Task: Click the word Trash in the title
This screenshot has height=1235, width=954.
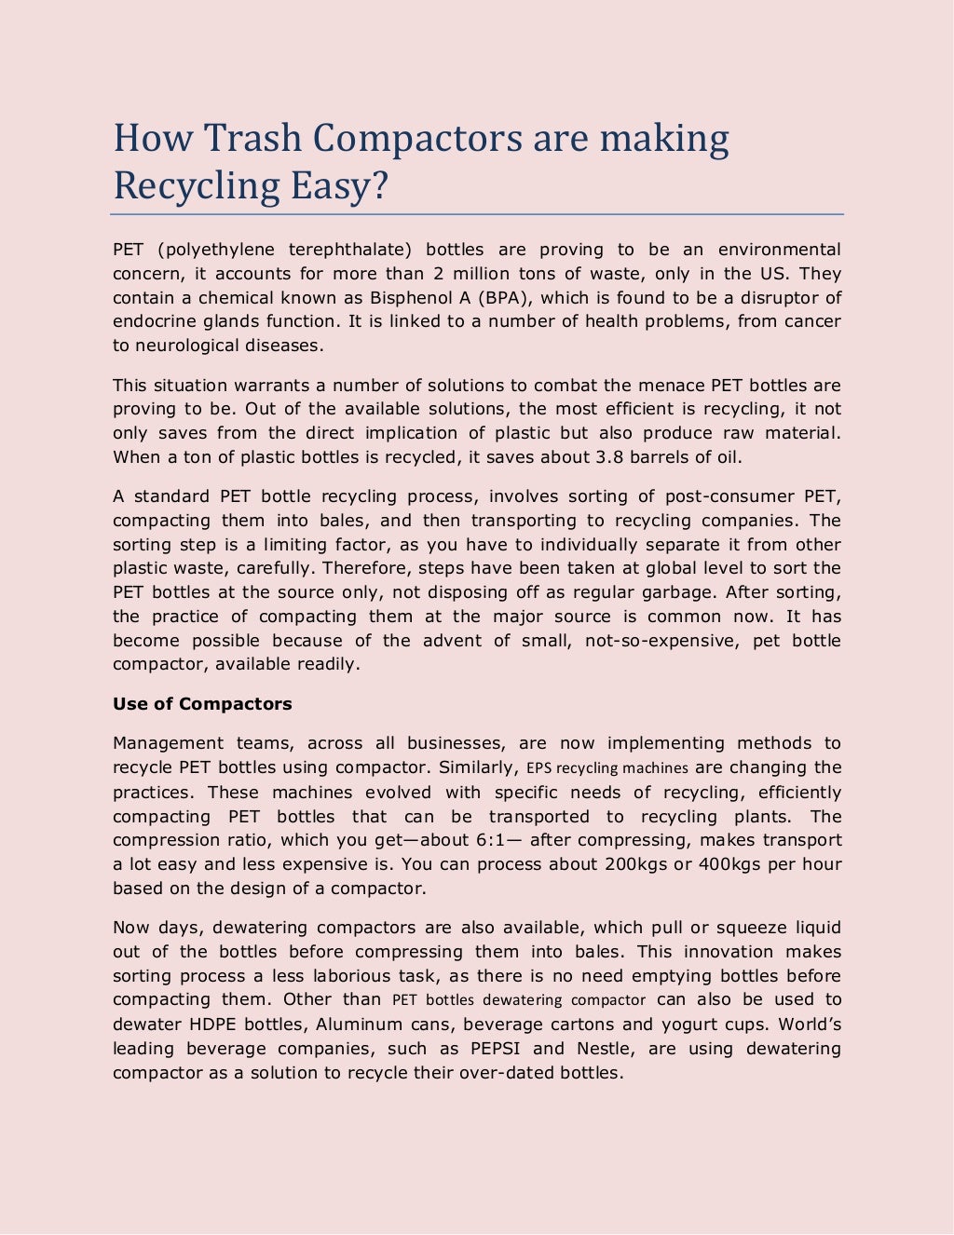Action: pyautogui.click(x=252, y=138)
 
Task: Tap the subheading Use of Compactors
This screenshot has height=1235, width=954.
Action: pyautogui.click(x=202, y=704)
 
